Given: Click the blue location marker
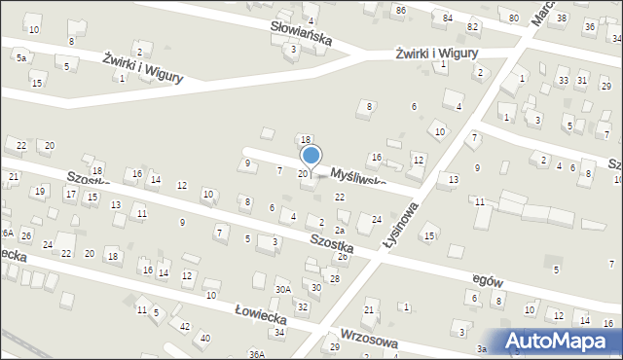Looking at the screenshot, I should [x=311, y=156].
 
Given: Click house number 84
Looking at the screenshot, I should [x=447, y=18].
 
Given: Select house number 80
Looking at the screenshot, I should [x=513, y=18].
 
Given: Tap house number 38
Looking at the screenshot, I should [x=562, y=18].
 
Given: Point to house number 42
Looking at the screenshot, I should [x=185, y=326].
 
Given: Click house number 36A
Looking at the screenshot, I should [x=256, y=354].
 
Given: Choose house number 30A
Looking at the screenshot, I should [x=282, y=289].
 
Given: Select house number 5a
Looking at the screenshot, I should [x=20, y=58].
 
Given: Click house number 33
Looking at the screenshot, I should [x=563, y=79].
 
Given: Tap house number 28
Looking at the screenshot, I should [x=334, y=278].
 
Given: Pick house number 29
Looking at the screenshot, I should [x=334, y=346].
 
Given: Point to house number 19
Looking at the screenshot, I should [x=40, y=191].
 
